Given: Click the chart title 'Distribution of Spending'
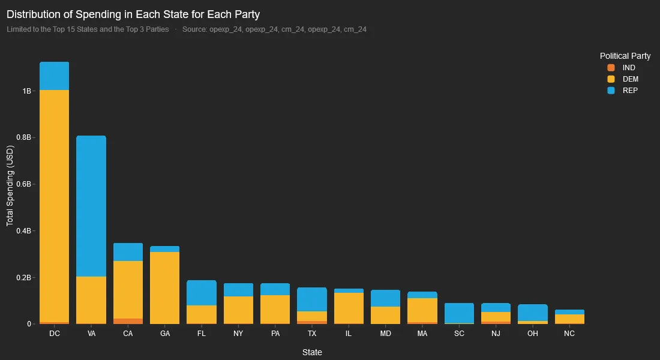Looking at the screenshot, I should pyautogui.click(x=133, y=14).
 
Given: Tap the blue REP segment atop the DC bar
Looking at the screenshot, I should pyautogui.click(x=54, y=76).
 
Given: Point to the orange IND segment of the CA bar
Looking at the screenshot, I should pyautogui.click(x=128, y=321).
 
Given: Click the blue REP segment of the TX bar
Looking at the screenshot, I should pyautogui.click(x=312, y=299).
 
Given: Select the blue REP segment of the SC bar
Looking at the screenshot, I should pyautogui.click(x=459, y=313).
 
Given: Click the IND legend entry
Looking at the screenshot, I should pyautogui.click(x=622, y=68).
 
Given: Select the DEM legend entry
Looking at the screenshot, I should pyautogui.click(x=623, y=79).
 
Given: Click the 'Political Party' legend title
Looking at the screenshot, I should pyautogui.click(x=625, y=56).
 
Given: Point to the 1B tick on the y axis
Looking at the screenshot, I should pyautogui.click(x=27, y=91).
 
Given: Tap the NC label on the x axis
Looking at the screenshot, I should pyautogui.click(x=569, y=334).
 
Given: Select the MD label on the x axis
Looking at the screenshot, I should pyautogui.click(x=385, y=334).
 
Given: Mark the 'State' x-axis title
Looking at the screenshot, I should pyautogui.click(x=312, y=352).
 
